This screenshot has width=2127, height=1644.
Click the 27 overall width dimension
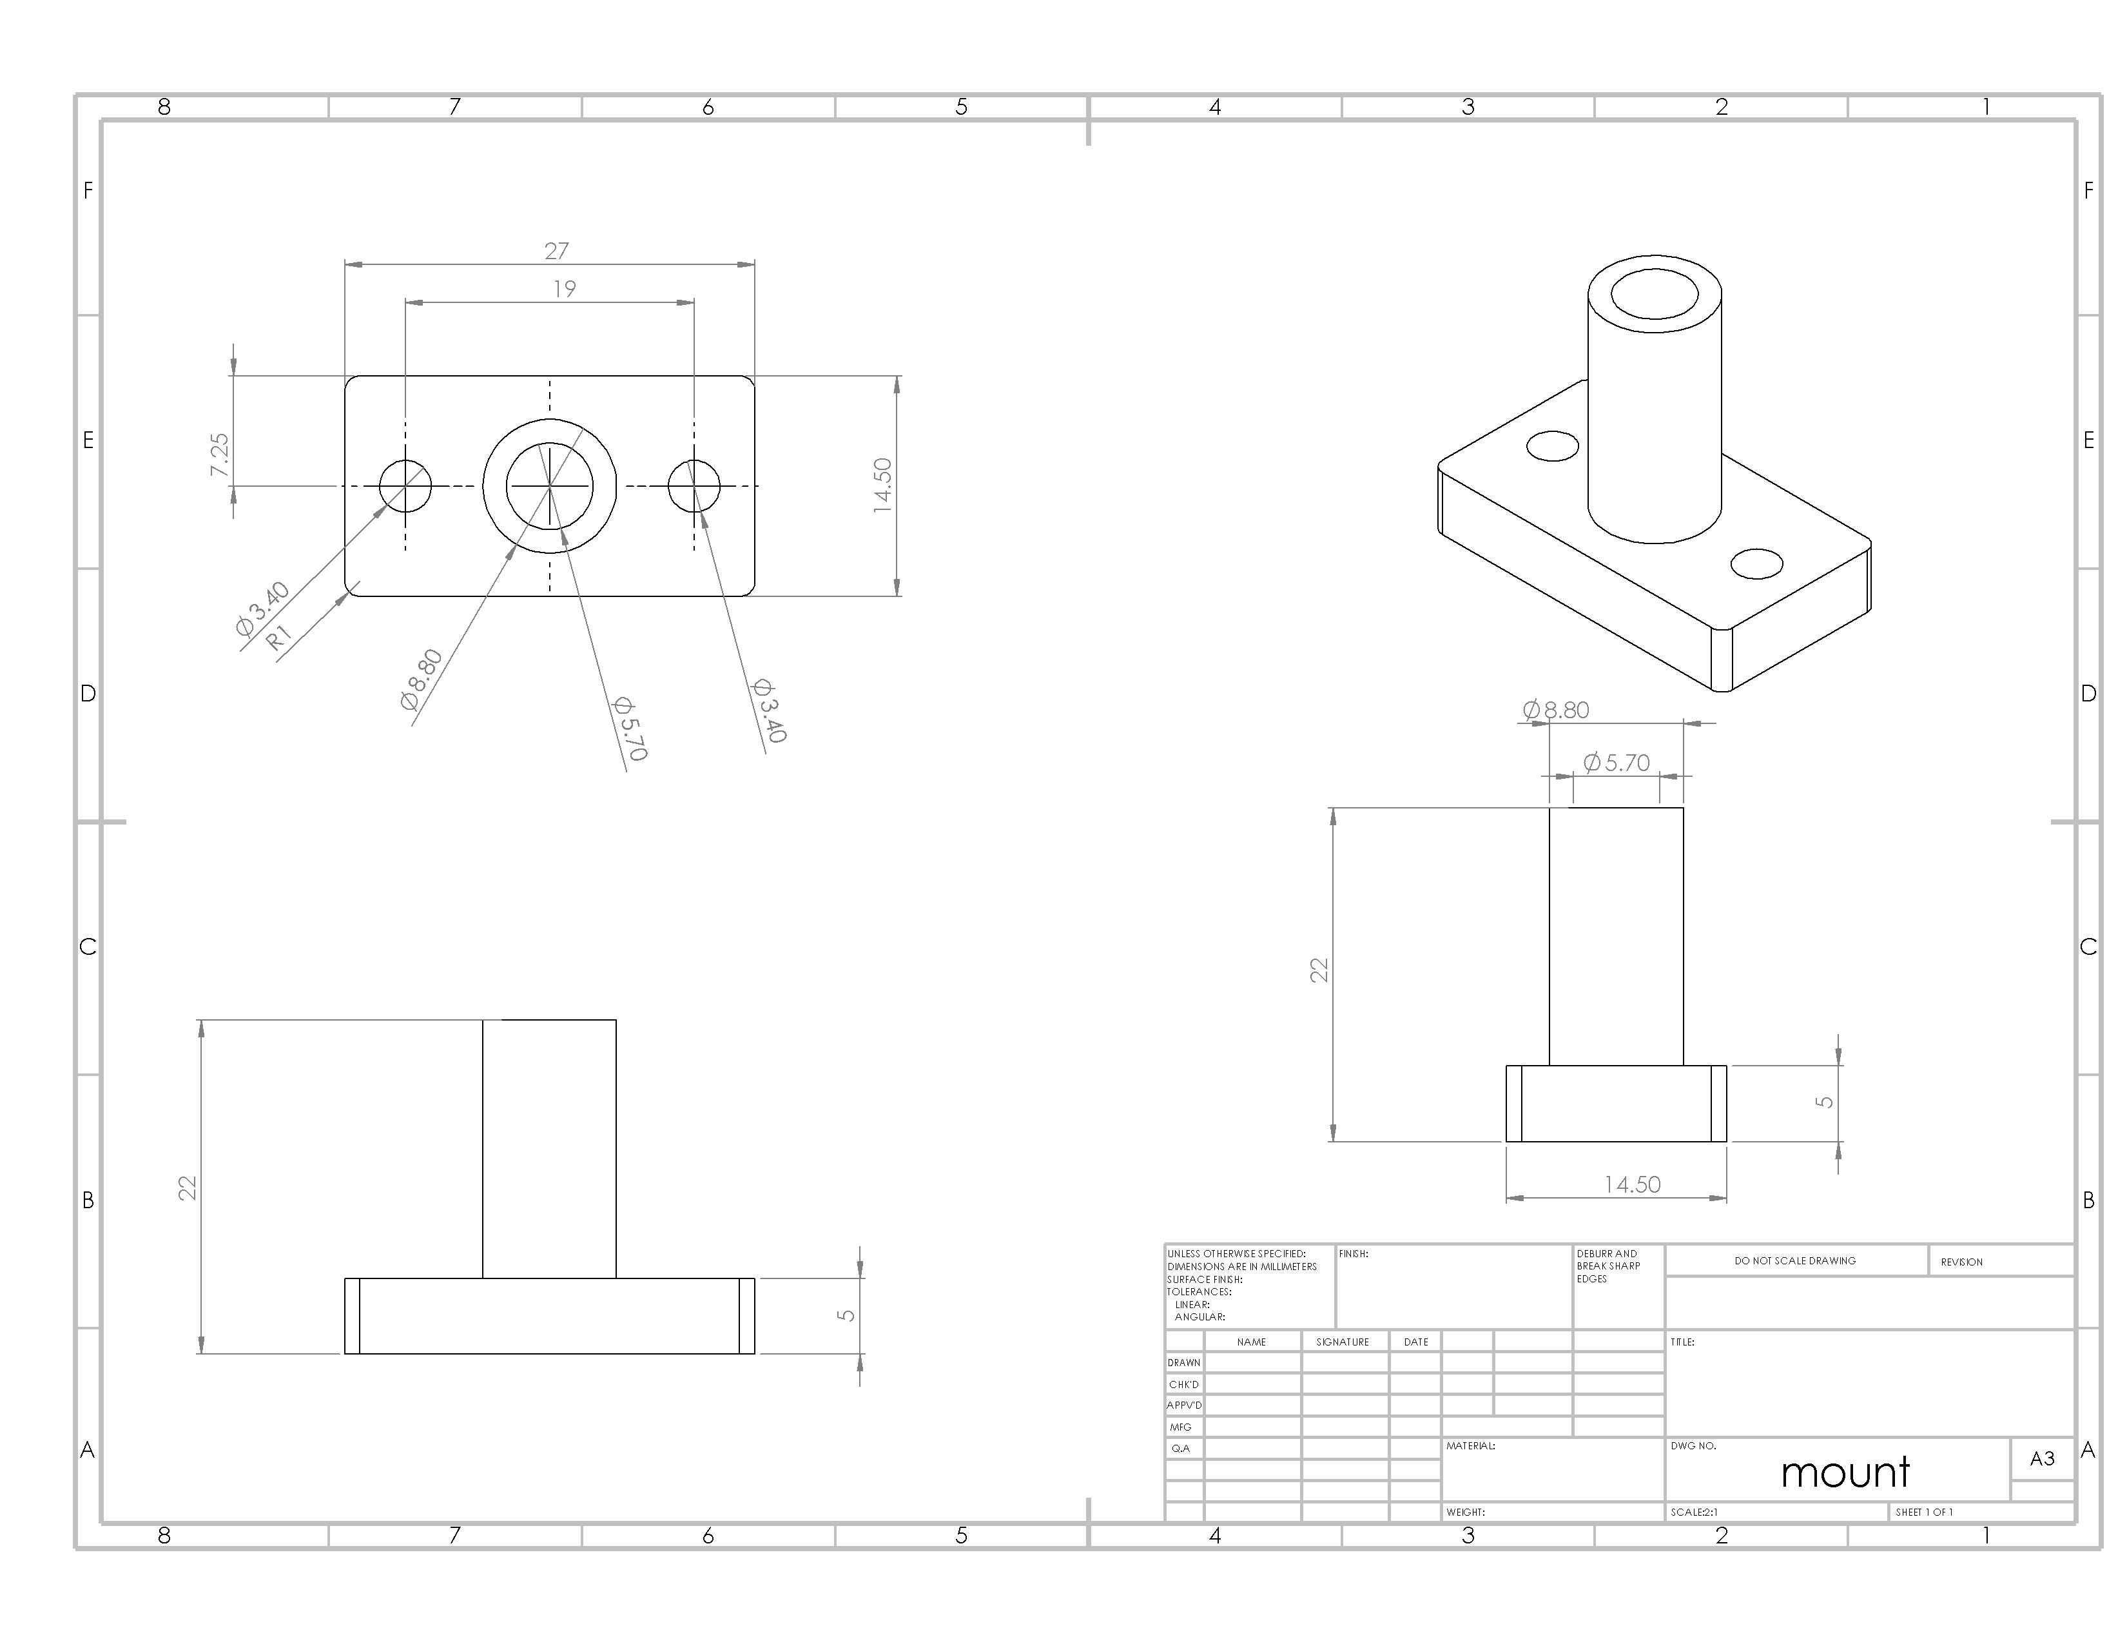click(x=556, y=251)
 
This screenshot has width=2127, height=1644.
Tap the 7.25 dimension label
click(x=220, y=455)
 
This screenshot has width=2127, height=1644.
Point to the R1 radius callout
click(x=278, y=638)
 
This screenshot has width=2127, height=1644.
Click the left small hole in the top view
click(x=405, y=485)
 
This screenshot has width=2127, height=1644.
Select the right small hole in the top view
click(x=694, y=485)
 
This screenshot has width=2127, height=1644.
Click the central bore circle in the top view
click(x=549, y=485)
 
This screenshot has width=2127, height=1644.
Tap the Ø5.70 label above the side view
click(x=1617, y=763)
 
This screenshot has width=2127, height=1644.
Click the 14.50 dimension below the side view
click(x=1632, y=1184)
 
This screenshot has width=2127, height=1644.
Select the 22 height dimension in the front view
click(x=188, y=1188)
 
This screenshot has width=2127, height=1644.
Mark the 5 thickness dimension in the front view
click(x=846, y=1315)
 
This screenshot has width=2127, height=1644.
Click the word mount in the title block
click(x=1845, y=1473)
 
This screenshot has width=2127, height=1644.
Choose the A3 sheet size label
click(x=2043, y=1458)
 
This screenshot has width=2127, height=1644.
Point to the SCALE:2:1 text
click(x=1695, y=1512)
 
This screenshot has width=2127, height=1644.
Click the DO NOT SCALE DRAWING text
click(x=1795, y=1260)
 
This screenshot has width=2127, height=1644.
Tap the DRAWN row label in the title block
click(x=1184, y=1362)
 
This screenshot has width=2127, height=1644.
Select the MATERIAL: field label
click(x=1471, y=1446)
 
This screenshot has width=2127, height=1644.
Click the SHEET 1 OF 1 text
click(x=1925, y=1512)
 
